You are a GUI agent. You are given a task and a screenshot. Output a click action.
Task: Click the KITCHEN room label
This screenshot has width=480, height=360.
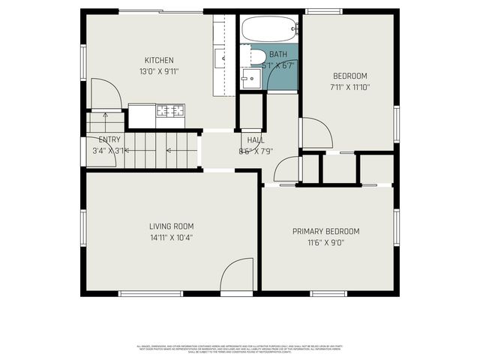159,60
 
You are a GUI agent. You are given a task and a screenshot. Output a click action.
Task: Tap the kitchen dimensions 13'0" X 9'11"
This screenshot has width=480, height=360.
159,71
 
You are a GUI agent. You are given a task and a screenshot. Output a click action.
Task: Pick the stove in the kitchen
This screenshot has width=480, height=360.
170,111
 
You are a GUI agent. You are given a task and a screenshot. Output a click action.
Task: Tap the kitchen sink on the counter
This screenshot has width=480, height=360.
222,56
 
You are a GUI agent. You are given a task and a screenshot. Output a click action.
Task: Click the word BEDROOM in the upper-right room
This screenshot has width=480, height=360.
349,76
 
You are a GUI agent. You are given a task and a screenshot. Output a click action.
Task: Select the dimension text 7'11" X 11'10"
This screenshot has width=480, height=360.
349,87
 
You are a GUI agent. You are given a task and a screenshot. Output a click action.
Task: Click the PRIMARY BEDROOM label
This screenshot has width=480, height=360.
325,231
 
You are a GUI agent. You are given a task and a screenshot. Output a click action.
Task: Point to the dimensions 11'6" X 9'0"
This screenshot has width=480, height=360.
325,242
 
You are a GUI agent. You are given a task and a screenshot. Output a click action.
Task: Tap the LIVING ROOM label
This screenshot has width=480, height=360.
172,226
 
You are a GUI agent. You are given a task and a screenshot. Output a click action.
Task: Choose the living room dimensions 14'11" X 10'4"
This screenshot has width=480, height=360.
172,237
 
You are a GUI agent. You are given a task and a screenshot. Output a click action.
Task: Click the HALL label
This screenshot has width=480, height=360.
255,139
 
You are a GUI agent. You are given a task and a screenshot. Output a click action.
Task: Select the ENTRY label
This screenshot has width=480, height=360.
109,139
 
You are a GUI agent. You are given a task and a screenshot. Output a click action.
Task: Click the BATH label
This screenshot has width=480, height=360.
277,55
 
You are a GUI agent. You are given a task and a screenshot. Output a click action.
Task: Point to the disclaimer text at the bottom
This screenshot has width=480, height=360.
239,348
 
